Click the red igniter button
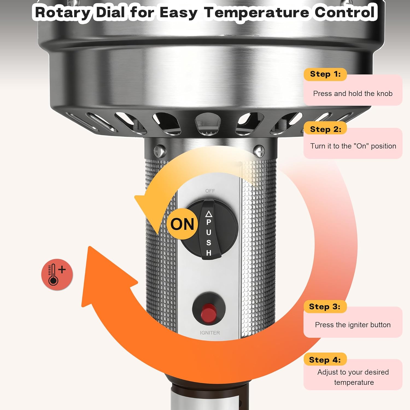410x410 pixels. [209, 312]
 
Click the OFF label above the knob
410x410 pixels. [210, 191]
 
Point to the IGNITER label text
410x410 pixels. [210, 333]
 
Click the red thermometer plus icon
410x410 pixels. [57, 274]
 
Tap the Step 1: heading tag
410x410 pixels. [325, 74]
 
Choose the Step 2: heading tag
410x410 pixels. [325, 129]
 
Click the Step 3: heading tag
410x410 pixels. [325, 306]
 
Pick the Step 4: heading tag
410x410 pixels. [325, 360]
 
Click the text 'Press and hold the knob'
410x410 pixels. [353, 93]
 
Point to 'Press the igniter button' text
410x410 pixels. [353, 325]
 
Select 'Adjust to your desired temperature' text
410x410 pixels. [353, 377]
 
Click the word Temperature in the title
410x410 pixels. [256, 12]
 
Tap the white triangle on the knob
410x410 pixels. [209, 214]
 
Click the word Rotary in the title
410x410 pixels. [63, 12]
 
